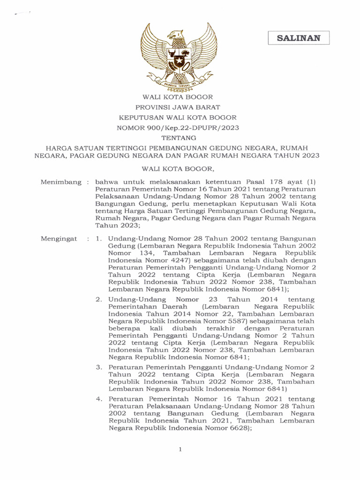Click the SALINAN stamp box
coord(299,38)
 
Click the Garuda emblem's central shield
coord(178,59)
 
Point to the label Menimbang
coord(60,182)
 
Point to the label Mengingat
coord(59,239)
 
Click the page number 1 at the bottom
coord(180,449)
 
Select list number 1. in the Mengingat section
coord(98,239)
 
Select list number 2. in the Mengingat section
coord(98,299)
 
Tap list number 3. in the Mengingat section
coord(98,367)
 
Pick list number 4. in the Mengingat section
coord(98,399)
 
